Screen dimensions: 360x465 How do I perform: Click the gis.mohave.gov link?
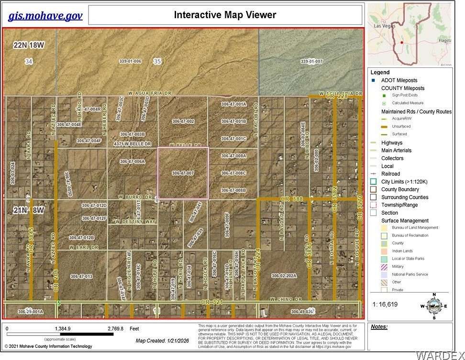pos(45,16)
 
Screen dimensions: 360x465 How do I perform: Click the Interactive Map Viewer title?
pos(225,15)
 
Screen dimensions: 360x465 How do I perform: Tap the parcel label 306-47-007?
pos(183,173)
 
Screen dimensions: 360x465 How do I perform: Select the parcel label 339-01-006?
pos(130,61)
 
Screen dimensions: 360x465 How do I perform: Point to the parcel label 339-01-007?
pos(311,62)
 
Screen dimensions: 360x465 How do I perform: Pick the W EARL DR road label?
pos(83,248)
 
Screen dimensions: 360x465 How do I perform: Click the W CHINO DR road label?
pos(286,299)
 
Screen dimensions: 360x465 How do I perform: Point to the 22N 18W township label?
pos(29,45)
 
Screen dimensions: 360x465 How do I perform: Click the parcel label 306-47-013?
pos(81,276)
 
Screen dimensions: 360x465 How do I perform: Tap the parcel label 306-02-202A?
pos(284,276)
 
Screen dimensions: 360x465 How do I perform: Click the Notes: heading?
pos(379,327)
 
